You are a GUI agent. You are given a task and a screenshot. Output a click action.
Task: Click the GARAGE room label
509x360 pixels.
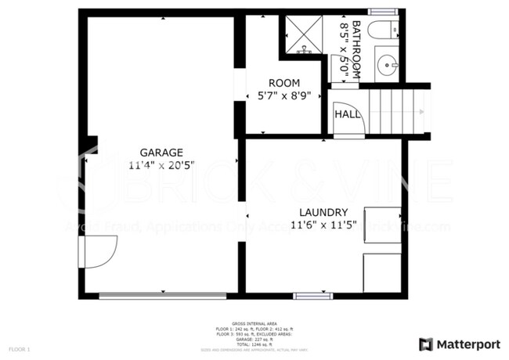point(161,153)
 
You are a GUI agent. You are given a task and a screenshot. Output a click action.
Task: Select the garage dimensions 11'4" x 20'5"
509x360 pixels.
point(161,165)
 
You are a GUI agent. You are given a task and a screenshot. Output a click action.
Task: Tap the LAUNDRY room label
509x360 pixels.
point(323,212)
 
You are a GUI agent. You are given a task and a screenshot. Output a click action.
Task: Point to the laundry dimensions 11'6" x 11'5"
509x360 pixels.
point(323,225)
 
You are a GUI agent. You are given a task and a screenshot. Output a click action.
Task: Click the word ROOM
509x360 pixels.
point(283,83)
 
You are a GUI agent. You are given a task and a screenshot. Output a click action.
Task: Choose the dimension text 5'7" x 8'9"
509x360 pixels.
point(283,95)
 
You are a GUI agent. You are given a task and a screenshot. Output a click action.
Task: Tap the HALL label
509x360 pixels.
point(348,114)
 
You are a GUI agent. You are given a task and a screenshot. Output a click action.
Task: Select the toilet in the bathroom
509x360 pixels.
point(384,32)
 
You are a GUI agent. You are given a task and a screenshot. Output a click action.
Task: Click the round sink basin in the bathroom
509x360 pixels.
point(387,65)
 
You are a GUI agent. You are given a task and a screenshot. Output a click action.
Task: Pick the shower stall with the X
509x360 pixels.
point(302,34)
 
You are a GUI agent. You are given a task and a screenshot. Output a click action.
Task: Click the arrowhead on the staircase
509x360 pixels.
point(421,112)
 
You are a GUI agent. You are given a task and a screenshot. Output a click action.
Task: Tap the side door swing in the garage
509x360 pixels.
point(97,250)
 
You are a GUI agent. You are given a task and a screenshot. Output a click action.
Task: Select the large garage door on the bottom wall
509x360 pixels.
point(163,296)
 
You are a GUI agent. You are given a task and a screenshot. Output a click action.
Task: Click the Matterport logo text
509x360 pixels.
point(468,344)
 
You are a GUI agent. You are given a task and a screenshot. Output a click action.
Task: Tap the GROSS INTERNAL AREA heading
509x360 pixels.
point(254,322)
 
